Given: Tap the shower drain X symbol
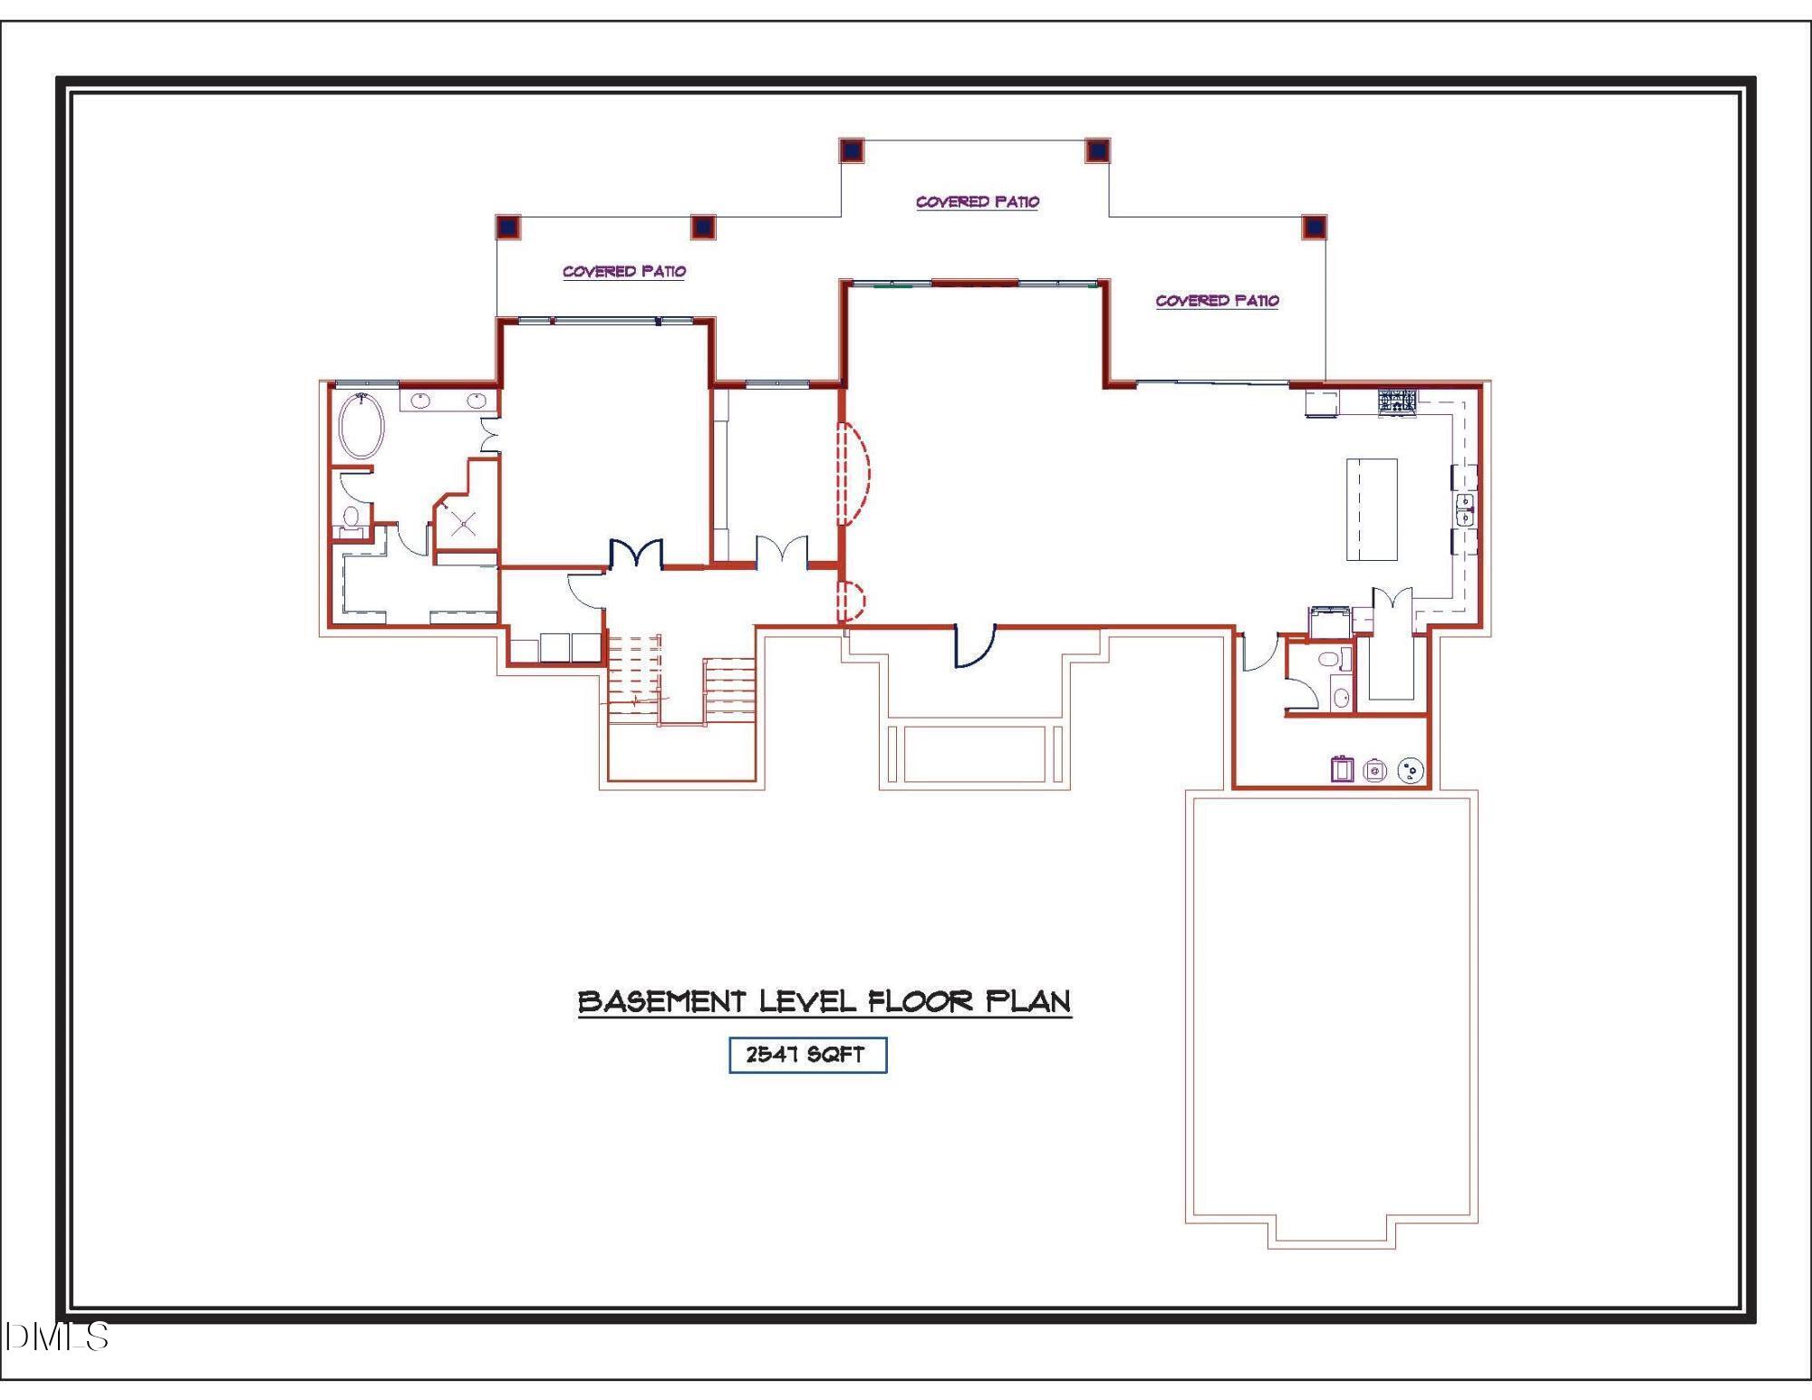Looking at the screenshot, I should coord(464,523).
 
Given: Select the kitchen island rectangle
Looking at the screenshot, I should coord(1371,509).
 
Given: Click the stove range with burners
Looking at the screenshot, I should coord(1396,401).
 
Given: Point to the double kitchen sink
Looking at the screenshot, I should coord(1464,509).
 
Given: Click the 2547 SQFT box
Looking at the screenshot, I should coord(807,1055).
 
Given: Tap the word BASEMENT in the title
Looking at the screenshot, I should coord(660,1001).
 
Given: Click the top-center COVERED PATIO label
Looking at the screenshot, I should coord(977,201).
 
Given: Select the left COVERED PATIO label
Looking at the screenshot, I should coord(623,271).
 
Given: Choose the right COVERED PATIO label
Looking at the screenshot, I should coord(1216,300).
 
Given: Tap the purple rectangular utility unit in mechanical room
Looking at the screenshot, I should coord(1341,769).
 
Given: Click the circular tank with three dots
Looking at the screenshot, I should coord(1411,770).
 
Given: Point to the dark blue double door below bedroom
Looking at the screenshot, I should coord(636,555).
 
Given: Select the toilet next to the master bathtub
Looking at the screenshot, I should coord(352,517).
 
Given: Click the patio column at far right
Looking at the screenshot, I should coord(1314,227).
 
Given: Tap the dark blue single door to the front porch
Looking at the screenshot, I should coord(975,646).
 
